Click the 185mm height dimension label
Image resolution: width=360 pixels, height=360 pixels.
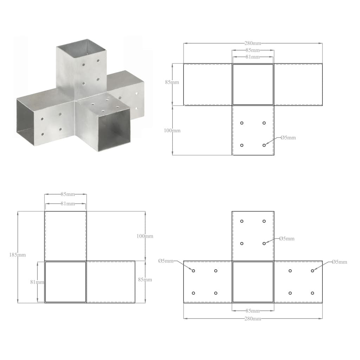click(x=18, y=255)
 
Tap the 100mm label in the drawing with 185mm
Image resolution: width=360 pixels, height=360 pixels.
click(x=145, y=236)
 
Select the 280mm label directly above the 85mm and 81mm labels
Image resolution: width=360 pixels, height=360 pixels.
click(x=253, y=43)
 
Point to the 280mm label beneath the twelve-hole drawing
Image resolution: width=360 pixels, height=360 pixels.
click(x=253, y=319)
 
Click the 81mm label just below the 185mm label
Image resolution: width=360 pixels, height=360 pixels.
click(x=37, y=282)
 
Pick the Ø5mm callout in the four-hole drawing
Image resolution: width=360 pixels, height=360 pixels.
click(x=288, y=137)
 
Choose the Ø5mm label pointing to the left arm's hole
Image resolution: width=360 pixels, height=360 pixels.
click(x=166, y=261)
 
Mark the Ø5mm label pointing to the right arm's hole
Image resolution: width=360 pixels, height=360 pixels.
click(x=339, y=262)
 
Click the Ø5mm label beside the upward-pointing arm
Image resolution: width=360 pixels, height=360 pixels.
click(x=287, y=239)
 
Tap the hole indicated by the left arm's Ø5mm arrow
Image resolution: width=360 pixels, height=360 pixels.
click(x=193, y=271)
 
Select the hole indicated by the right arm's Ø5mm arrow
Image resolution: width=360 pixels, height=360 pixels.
click(x=312, y=271)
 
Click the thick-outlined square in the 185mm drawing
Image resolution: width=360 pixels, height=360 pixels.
click(x=65, y=282)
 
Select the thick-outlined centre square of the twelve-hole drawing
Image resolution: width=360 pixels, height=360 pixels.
click(x=253, y=282)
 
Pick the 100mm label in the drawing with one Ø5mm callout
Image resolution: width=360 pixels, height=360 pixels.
click(x=172, y=130)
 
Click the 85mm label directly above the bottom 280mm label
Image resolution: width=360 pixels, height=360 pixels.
click(x=253, y=311)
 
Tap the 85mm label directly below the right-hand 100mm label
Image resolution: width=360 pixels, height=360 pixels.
click(x=145, y=280)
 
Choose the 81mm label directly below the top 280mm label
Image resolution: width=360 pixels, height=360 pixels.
click(x=253, y=57)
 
